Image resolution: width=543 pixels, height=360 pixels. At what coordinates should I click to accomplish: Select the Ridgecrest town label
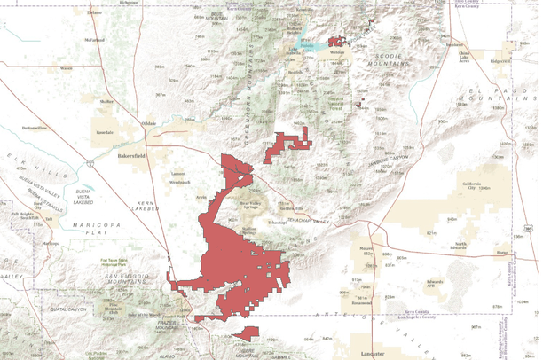pos(501,61)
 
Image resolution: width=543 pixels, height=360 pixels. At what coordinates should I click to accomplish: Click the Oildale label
pos(147,124)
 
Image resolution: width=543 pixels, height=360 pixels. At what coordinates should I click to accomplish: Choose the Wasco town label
pos(66,67)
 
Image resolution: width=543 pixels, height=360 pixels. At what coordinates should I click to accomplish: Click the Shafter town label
pos(107,102)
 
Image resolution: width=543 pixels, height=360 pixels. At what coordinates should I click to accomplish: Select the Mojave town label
pos(366,249)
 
